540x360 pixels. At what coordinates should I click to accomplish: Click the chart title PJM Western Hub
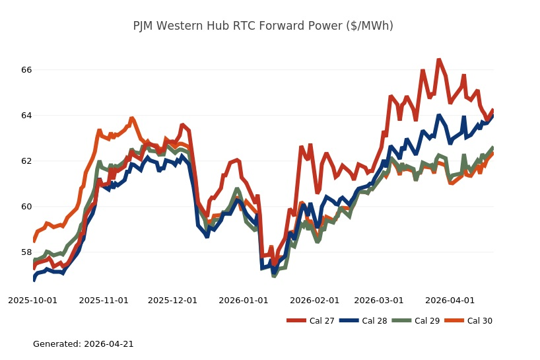263,26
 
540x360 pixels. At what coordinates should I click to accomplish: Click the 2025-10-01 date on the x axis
33,300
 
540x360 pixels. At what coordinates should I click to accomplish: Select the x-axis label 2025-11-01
104,300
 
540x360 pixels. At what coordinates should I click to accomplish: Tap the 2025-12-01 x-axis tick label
172,300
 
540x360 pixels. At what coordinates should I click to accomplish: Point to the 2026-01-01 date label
243,300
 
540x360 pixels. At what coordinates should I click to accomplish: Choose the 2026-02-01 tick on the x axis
314,300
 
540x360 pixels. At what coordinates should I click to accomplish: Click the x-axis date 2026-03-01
378,300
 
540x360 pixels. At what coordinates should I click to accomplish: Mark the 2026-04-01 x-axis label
449,300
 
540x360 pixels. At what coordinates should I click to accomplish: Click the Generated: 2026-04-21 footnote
83,344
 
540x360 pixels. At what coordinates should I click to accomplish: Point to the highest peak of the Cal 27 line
438,60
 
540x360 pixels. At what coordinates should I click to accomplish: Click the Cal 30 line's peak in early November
132,119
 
